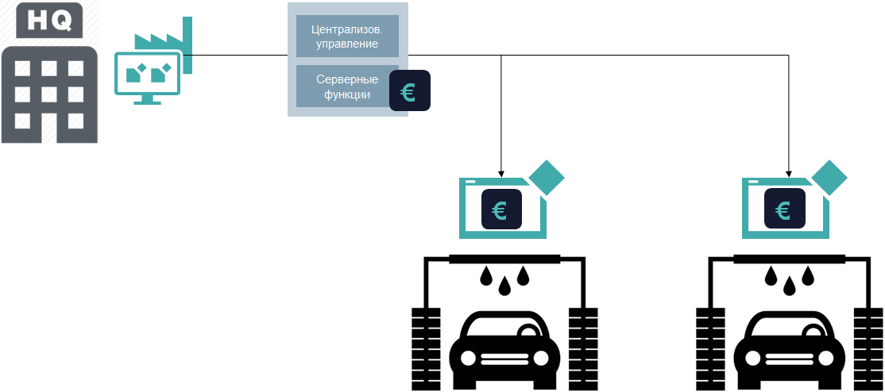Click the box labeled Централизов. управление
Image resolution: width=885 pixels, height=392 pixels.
pos(347,37)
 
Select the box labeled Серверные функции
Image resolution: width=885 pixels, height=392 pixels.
pos(346,86)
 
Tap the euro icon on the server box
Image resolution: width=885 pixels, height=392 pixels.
pos(409,91)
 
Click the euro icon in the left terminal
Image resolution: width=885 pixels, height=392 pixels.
pos(500,210)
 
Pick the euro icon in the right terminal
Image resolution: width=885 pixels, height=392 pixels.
pos(784,210)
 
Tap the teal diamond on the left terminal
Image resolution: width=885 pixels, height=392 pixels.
pos(547,178)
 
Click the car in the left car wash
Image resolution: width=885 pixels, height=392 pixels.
pos(500,349)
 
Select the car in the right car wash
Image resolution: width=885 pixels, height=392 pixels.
pos(784,349)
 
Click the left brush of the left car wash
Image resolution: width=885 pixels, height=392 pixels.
pos(425,348)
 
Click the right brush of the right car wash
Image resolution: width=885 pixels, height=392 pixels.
pos(868,348)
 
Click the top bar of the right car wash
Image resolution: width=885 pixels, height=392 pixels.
pos(788,259)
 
